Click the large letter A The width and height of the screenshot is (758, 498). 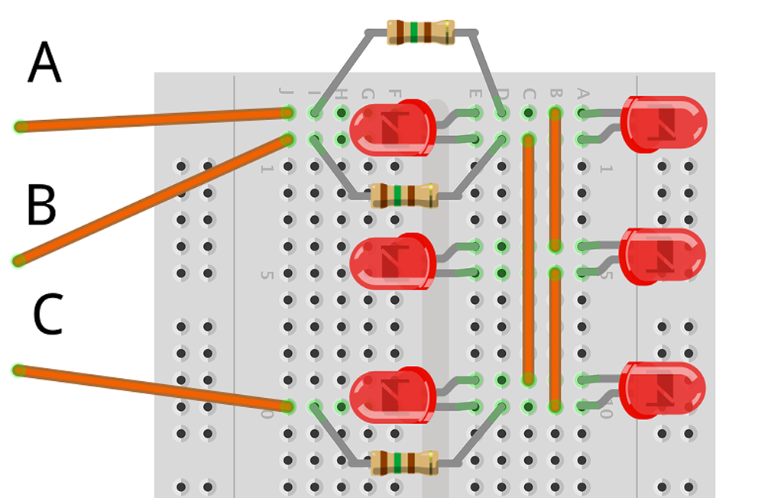coord(44,64)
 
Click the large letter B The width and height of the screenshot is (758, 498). coord(41,205)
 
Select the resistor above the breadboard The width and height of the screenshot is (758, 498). coord(420,32)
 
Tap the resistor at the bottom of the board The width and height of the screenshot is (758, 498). coord(403,463)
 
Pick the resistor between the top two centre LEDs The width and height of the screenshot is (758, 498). coord(404,196)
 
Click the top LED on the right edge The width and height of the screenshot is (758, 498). coord(663,124)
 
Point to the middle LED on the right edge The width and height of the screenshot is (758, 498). coord(662,256)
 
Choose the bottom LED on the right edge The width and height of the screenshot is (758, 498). coord(662,390)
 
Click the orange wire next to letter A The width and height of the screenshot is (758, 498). coord(153,120)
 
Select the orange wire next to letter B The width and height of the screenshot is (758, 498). coord(153,200)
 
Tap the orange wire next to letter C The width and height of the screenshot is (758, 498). coord(153,388)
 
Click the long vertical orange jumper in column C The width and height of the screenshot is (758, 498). coord(528,260)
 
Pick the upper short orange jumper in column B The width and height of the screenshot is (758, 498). coord(556,179)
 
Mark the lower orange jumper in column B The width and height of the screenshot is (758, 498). coord(556,339)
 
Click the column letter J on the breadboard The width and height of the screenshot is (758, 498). coord(287,94)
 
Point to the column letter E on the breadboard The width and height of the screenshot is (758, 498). coord(475,94)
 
